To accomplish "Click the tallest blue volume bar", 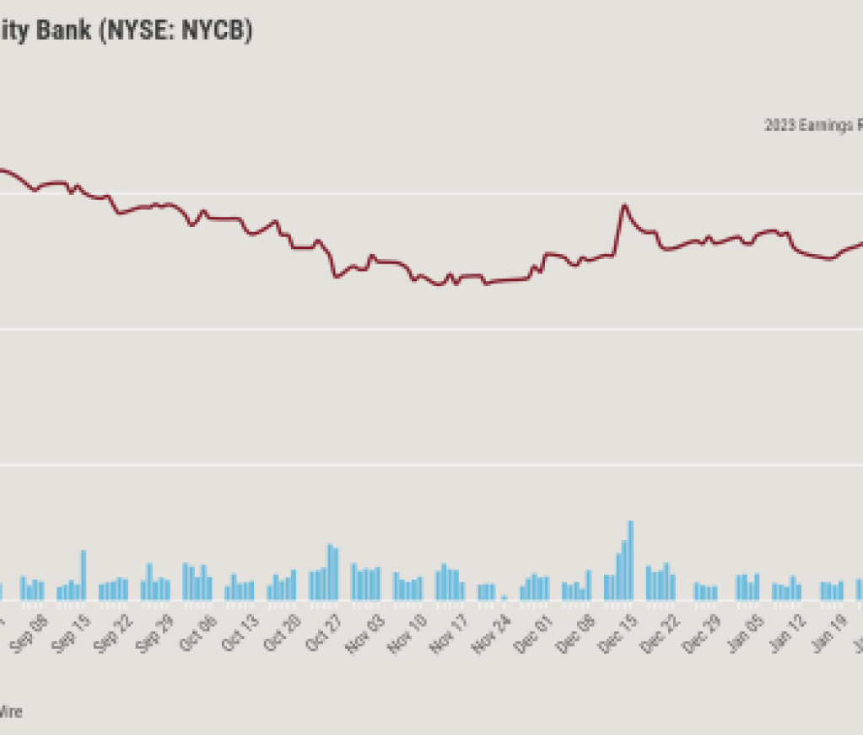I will (x=630, y=560).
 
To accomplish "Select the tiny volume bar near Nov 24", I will (x=504, y=597).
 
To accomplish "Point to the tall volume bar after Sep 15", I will (x=84, y=575).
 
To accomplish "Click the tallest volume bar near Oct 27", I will (x=330, y=571).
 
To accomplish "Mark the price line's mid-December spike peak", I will (x=624, y=205).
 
